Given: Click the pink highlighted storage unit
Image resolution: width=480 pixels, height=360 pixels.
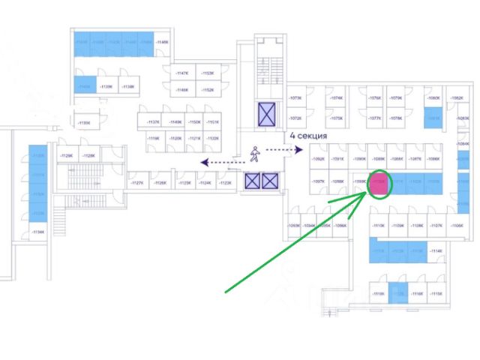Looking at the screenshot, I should pyautogui.click(x=380, y=184).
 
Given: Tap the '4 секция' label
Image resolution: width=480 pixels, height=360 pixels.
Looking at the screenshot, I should pyautogui.click(x=308, y=137).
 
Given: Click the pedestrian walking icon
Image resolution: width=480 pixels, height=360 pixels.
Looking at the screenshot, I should pyautogui.click(x=255, y=154).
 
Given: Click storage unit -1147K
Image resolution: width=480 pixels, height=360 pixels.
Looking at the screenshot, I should pyautogui.click(x=181, y=73).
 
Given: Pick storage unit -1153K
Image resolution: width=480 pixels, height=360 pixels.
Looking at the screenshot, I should pyautogui.click(x=208, y=73).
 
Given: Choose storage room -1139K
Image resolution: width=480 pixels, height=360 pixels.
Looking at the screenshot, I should pyautogui.click(x=106, y=87).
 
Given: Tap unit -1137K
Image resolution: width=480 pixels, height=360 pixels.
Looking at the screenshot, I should pyautogui.click(x=154, y=122).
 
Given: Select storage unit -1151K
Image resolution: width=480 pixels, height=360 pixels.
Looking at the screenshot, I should pyautogui.click(x=214, y=122).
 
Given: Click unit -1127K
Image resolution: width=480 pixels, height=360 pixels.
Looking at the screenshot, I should pyautogui.click(x=137, y=182).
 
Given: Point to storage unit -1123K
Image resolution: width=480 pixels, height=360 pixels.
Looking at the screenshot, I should pyautogui.click(x=224, y=182).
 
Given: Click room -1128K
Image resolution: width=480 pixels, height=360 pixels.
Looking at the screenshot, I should pyautogui.click(x=88, y=155).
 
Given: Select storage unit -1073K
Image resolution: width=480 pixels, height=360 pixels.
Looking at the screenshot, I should pyautogui.click(x=295, y=98).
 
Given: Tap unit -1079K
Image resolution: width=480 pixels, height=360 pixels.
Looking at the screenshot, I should pyautogui.click(x=396, y=98).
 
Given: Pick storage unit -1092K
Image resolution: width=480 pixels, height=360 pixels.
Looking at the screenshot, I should pyautogui.click(x=319, y=159).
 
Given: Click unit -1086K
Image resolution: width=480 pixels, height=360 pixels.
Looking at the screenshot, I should pyautogui.click(x=433, y=159).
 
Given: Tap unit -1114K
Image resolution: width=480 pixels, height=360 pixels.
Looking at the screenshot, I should pyautogui.click(x=436, y=251).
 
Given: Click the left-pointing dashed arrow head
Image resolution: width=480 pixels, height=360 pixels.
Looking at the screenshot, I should pyautogui.click(x=201, y=160).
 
